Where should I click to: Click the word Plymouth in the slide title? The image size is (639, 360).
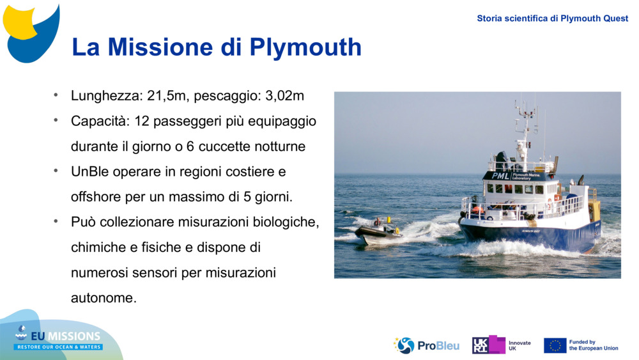tap(305, 47)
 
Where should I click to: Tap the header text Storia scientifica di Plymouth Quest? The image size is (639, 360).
tap(552, 19)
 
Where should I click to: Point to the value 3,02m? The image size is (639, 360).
tap(284, 97)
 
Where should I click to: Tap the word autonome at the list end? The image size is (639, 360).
tap(104, 298)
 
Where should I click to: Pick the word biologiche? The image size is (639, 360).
tap(288, 222)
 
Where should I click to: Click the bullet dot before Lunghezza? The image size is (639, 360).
tap(56, 96)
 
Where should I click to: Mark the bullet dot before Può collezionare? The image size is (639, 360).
tap(56, 221)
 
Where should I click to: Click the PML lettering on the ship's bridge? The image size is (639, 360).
tap(500, 175)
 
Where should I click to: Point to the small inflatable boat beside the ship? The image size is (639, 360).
tap(378, 231)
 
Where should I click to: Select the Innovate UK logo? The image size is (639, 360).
tap(501, 345)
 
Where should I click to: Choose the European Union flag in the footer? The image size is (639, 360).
tap(555, 345)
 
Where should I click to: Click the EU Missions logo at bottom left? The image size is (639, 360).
tap(58, 338)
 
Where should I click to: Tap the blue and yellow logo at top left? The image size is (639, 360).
tap(31, 32)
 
